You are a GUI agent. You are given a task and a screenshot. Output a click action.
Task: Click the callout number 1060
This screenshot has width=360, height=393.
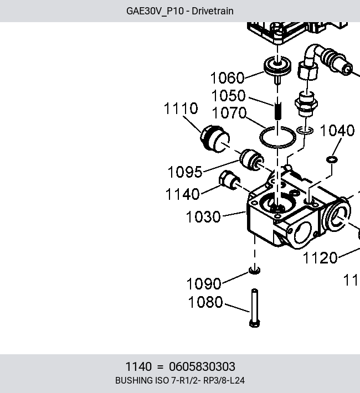tap(227, 77)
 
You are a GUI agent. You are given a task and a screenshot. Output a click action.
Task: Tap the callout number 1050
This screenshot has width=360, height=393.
tap(228, 96)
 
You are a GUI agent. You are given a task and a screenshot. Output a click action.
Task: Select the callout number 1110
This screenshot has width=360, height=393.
tap(181, 108)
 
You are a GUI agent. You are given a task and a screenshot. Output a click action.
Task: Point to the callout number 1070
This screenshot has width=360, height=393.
tap(229, 113)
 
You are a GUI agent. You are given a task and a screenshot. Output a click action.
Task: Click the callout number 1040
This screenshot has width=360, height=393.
tap(337, 131)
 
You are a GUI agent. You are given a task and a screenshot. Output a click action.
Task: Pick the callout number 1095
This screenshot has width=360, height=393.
tap(185, 172)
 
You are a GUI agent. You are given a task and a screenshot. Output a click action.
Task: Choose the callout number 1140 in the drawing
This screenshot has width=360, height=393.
tap(182, 194)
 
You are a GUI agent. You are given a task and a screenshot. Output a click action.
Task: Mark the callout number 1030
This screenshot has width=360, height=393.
tap(203, 217)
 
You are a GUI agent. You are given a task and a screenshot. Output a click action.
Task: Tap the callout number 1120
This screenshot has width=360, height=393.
tap(320, 258)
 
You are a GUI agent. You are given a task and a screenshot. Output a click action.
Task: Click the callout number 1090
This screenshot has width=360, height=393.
tap(204, 284)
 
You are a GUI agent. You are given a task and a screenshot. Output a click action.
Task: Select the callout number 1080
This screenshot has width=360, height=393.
tap(205, 302)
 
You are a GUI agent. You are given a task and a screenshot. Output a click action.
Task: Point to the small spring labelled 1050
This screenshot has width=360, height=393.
tap(277, 111)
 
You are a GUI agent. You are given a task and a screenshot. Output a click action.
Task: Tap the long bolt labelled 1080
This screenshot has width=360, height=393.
tap(254, 308)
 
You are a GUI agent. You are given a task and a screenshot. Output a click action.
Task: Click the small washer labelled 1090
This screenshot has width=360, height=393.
tap(254, 270)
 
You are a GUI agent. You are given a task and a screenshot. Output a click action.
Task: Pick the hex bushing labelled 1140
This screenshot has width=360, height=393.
tap(229, 180)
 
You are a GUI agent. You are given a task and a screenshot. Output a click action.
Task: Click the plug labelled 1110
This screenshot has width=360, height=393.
tap(215, 139)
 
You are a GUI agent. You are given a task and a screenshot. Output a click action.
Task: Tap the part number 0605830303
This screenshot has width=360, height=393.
tap(202, 366)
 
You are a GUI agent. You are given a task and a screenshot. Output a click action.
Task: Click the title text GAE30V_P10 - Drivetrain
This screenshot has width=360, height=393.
tap(180, 11)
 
